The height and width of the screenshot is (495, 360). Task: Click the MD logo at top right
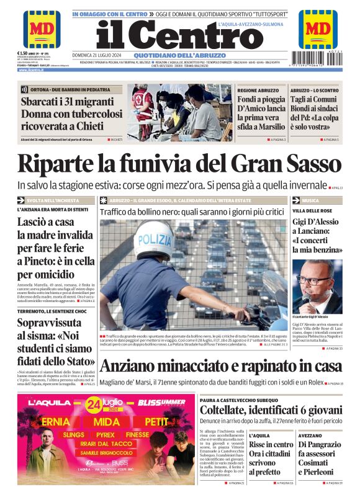point(318,29)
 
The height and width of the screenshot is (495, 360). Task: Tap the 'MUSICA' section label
point(311,201)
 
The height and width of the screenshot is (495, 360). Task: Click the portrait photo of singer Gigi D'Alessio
point(317,286)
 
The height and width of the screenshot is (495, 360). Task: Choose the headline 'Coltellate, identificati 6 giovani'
point(271,410)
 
